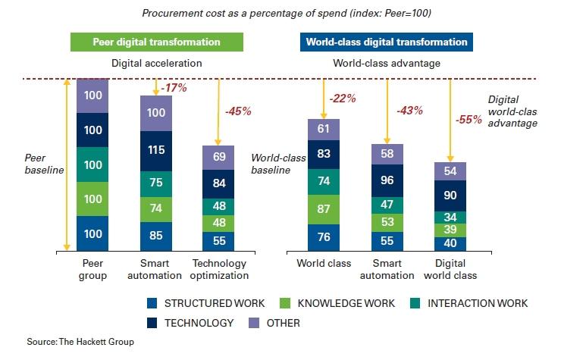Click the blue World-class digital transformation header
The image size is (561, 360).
point(387,42)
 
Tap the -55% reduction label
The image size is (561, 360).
point(469,120)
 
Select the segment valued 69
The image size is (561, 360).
point(218,157)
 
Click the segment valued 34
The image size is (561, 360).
point(450,218)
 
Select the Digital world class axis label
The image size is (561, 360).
point(450,269)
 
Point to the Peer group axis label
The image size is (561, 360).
point(92,269)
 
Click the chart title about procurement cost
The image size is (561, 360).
point(280,13)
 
